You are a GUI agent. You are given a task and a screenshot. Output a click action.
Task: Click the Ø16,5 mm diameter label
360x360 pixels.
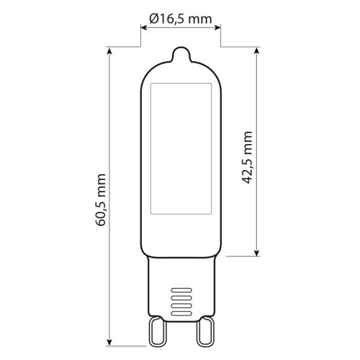pos(180,19)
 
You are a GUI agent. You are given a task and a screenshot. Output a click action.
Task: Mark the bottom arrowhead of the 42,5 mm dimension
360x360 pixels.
pos(257,253)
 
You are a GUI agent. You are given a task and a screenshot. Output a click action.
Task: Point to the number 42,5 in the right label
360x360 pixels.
pos(248,168)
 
